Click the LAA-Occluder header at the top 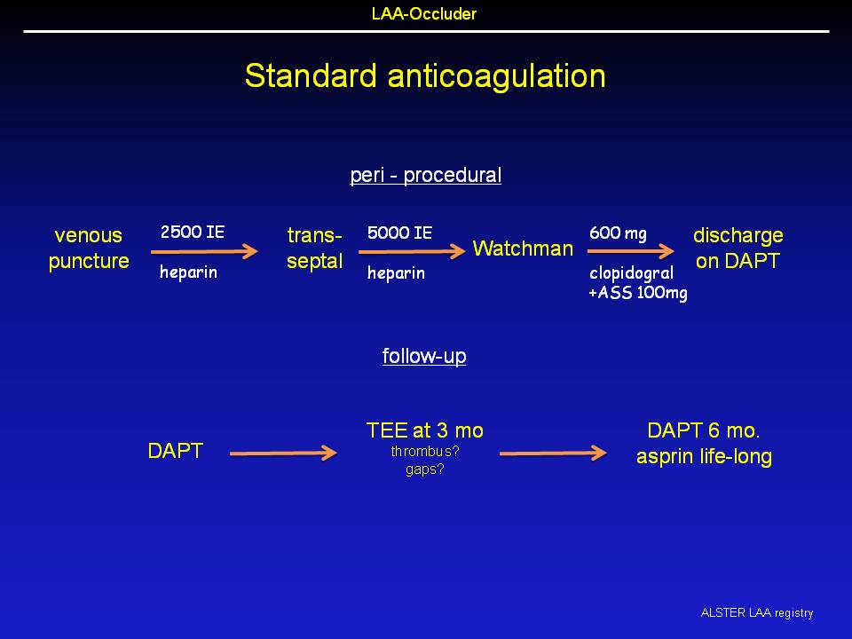tap(424, 13)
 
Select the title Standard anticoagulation tap(425, 75)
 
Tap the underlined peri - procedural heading tap(425, 176)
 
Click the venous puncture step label tap(89, 248)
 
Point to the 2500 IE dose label tap(193, 232)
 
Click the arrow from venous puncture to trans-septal tap(204, 251)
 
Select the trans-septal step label tap(314, 248)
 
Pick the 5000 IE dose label tap(399, 233)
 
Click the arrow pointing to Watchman tap(412, 251)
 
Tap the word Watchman tap(523, 248)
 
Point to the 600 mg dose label tap(618, 233)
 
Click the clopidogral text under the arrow tap(631, 272)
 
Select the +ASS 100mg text tap(638, 293)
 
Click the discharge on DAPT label tap(738, 248)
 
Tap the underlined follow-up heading tap(424, 357)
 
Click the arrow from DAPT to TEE tap(283, 453)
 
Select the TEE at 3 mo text tap(425, 431)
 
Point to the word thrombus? tap(425, 452)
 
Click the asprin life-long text tap(704, 456)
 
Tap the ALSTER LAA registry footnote tap(757, 613)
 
